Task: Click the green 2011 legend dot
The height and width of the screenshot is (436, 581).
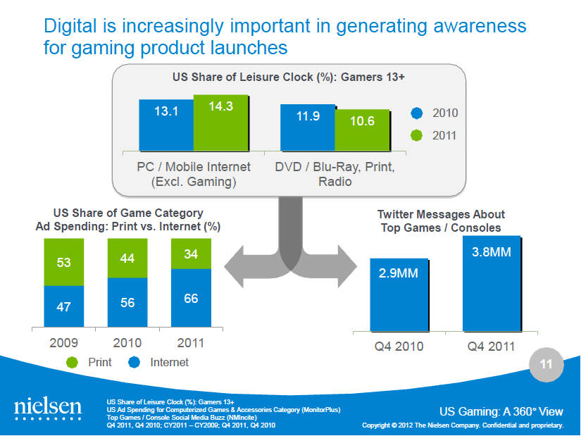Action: point(416,135)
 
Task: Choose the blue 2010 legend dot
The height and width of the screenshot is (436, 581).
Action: point(416,113)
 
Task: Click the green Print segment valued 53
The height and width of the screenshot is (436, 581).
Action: point(64,262)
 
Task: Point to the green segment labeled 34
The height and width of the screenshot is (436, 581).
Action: point(190,254)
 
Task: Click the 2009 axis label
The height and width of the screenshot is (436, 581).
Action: point(64,343)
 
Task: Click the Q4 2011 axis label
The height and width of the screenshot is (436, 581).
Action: point(492,347)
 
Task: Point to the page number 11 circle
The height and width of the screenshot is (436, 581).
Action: point(545,365)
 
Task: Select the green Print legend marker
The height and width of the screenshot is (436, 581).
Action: point(73,363)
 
